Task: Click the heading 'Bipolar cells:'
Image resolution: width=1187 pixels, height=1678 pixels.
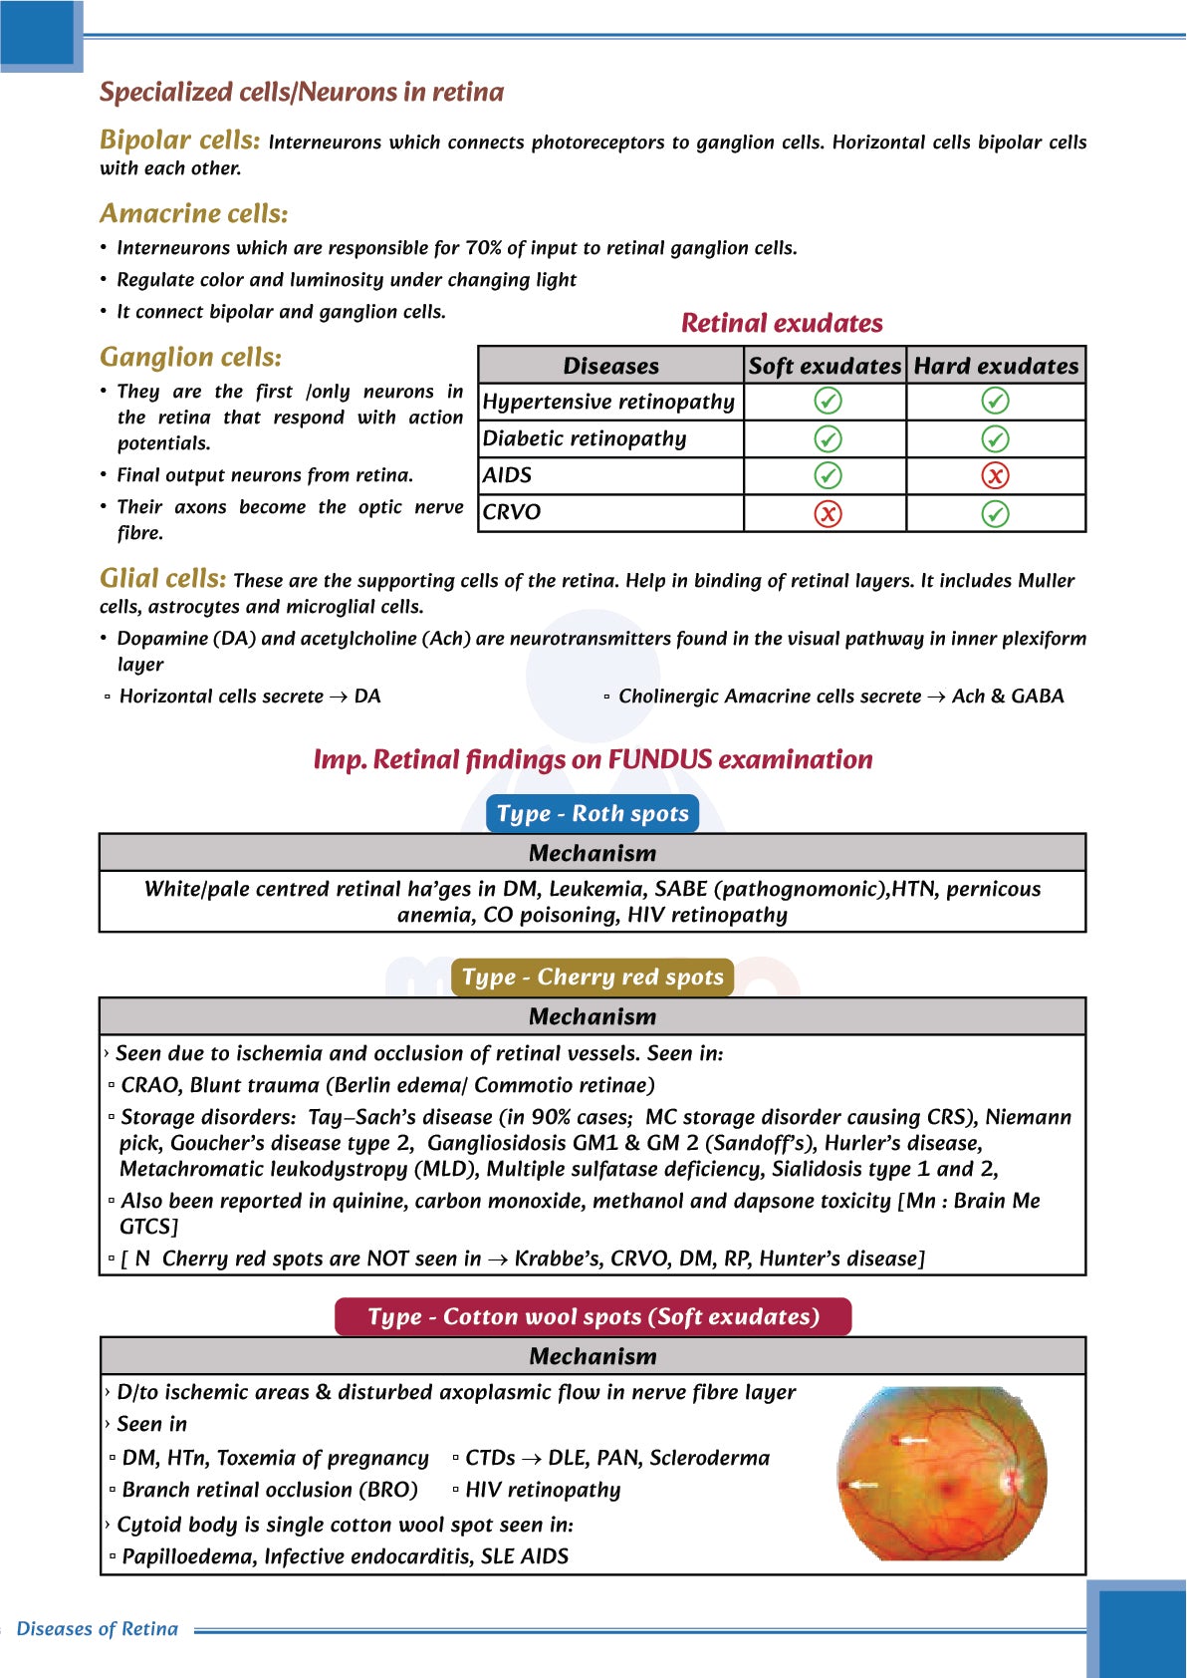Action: pos(179,140)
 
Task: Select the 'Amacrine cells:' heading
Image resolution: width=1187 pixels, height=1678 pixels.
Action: pos(194,214)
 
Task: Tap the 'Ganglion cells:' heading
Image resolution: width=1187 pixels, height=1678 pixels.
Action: pos(190,358)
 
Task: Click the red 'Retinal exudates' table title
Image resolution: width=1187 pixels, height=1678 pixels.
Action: pos(782,324)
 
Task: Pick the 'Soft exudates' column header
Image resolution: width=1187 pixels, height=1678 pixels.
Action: pos(825,366)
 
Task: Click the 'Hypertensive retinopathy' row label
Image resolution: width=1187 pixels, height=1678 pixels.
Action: pos(608,402)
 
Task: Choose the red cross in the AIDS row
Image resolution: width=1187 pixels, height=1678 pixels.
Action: pos(995,476)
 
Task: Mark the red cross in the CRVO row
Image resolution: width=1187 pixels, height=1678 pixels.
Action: pos(828,513)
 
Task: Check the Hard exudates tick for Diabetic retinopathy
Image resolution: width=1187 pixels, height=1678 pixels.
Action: pos(995,438)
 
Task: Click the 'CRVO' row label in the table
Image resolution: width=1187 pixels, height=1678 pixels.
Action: pos(512,512)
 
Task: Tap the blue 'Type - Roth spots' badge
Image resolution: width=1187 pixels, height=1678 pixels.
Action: pos(593,814)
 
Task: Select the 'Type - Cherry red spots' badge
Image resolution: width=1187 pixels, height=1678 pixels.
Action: pos(593,977)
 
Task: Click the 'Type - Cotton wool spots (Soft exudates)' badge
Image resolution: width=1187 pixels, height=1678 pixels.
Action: pos(593,1316)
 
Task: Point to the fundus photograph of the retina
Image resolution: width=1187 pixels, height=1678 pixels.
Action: pos(942,1473)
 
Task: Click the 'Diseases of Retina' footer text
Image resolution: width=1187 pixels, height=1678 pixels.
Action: pos(98,1629)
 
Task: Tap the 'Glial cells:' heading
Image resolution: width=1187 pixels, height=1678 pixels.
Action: pos(162,579)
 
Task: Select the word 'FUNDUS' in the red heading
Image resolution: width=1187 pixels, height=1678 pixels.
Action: pos(659,760)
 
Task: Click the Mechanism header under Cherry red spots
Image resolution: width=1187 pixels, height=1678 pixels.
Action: pos(593,1016)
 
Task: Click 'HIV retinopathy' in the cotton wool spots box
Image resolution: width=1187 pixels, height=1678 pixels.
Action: pos(543,1490)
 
